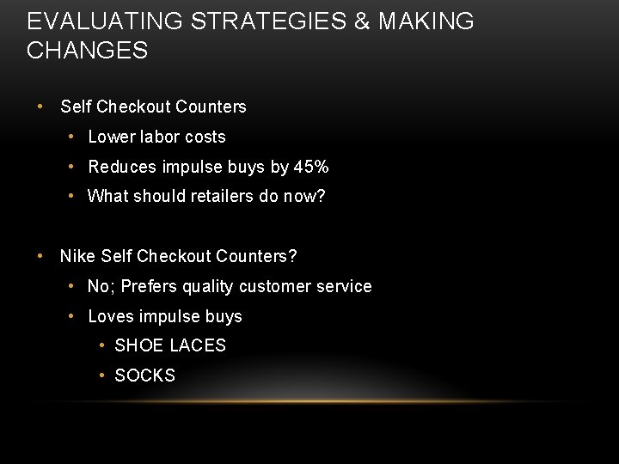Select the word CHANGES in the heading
coord(87,51)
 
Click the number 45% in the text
coord(311,167)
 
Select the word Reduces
coord(121,167)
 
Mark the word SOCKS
coord(144,375)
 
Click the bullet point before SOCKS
coord(102,375)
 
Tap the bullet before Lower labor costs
coord(76,137)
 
